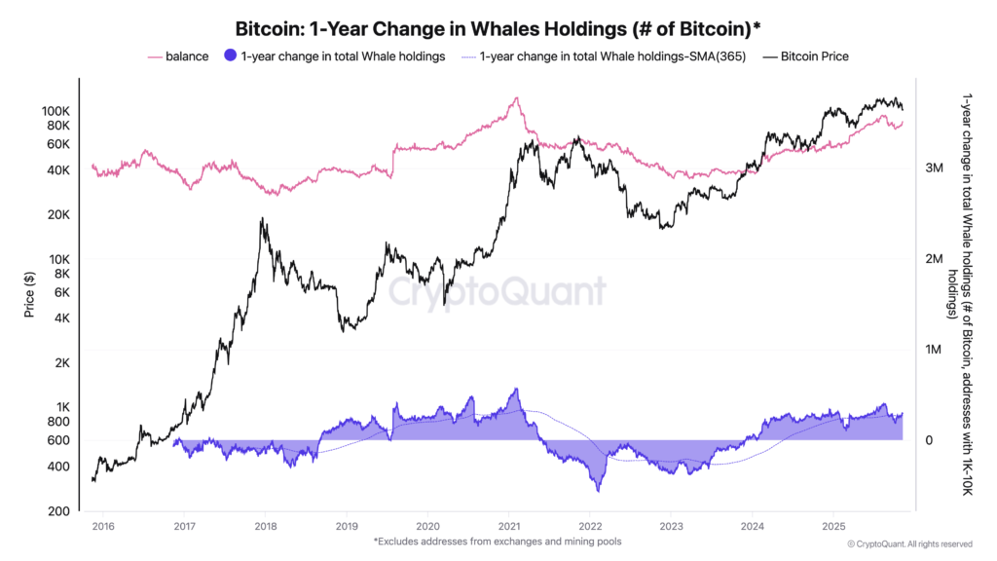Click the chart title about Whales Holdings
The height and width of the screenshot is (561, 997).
(498, 26)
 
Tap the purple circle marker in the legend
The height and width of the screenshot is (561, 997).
(230, 56)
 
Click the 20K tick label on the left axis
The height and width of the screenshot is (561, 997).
(56, 215)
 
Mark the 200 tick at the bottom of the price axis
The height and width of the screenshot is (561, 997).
(57, 511)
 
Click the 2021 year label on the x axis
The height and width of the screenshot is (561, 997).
(507, 527)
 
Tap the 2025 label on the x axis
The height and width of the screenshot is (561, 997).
(831, 527)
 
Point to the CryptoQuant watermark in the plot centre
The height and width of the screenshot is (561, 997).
(498, 291)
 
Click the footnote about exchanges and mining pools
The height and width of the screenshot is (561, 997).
(498, 542)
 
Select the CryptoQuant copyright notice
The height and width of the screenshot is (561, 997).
(909, 543)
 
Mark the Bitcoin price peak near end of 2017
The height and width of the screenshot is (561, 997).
(262, 219)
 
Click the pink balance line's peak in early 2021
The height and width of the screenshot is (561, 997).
(516, 97)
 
